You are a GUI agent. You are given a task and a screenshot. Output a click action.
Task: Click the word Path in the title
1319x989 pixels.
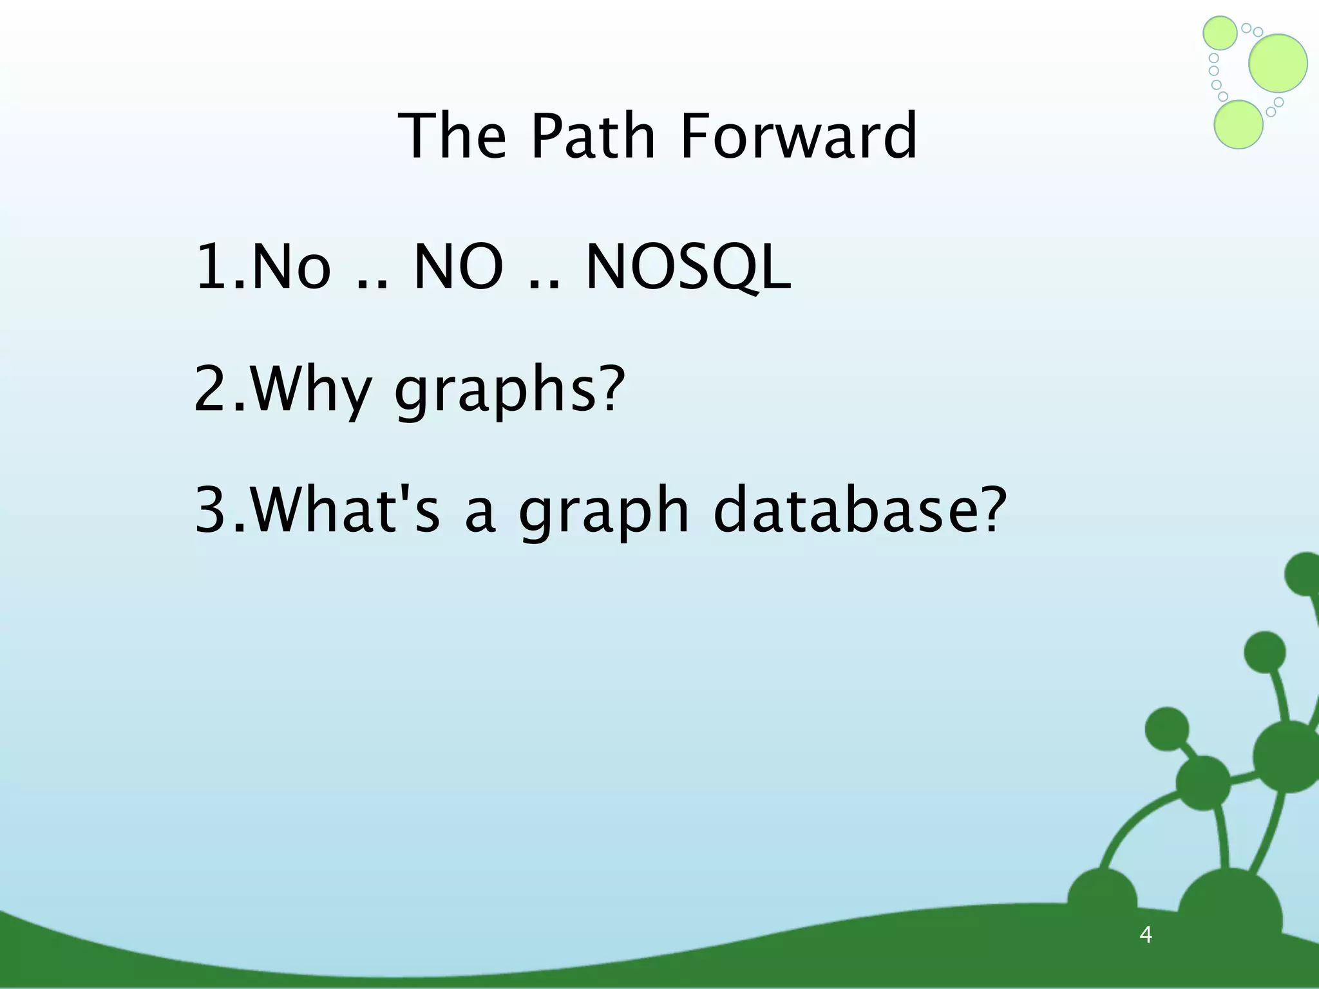click(x=593, y=136)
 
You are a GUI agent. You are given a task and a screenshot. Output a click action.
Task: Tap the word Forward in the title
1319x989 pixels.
click(x=799, y=136)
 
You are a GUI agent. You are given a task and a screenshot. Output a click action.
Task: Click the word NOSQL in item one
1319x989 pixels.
click(x=688, y=267)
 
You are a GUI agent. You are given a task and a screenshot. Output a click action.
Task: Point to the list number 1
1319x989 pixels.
click(x=216, y=267)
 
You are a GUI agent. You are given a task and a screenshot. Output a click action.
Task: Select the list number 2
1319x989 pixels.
click(x=216, y=390)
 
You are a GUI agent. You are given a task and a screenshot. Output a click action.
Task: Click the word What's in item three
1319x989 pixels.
click(x=345, y=511)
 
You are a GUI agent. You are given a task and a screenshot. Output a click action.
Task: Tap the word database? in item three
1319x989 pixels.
click(x=860, y=511)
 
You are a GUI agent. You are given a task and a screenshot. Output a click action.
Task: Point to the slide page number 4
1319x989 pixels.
click(x=1145, y=934)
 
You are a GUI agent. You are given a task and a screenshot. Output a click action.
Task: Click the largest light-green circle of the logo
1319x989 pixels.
click(x=1278, y=63)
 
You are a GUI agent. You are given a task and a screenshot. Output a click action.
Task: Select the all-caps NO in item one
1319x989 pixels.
click(x=458, y=267)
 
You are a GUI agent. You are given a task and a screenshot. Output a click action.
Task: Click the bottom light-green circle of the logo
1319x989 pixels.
click(x=1238, y=125)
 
